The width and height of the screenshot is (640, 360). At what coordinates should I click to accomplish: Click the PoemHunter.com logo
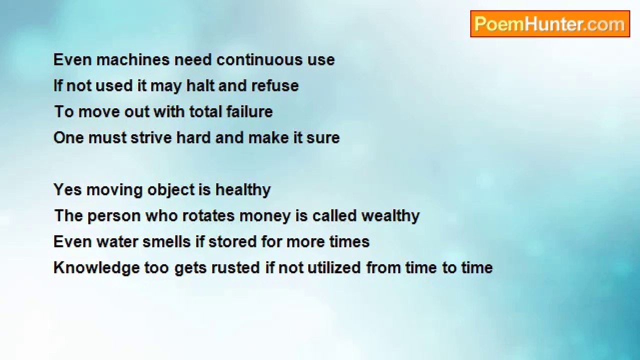click(x=550, y=24)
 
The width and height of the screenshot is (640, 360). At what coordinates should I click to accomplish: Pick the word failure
click(x=249, y=111)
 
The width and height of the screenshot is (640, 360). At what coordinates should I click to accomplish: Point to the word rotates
click(x=208, y=215)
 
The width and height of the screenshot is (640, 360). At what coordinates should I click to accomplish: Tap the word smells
click(x=166, y=241)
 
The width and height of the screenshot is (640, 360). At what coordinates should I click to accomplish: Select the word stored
click(x=232, y=241)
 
